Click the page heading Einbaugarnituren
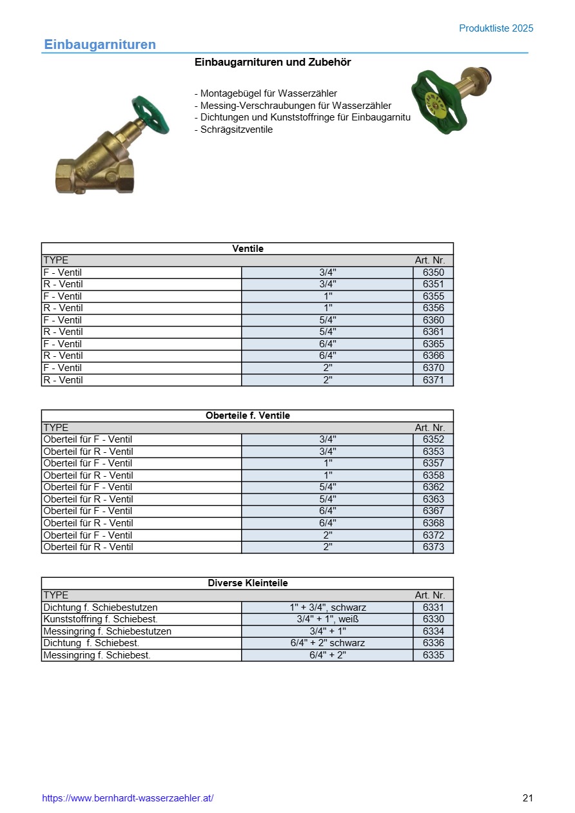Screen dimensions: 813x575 [100, 44]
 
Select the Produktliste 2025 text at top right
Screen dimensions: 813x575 [496, 28]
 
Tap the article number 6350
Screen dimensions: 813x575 [433, 273]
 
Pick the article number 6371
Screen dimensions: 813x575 [433, 380]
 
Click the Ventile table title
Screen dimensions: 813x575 [248, 249]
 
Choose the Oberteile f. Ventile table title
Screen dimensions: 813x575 [248, 416]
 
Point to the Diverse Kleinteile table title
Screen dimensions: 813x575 [248, 583]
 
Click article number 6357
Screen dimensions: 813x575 [433, 463]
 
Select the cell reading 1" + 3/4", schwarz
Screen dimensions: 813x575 [327, 607]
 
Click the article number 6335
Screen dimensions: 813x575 [433, 655]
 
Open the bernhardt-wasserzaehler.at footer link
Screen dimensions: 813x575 [128, 798]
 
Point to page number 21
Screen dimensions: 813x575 [528, 798]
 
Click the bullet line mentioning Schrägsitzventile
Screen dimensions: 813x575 [233, 129]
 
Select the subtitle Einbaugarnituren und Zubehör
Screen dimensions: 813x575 [273, 62]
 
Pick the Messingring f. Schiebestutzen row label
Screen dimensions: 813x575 [107, 631]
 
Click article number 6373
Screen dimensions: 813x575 [433, 547]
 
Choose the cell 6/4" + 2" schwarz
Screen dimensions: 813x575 [327, 643]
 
